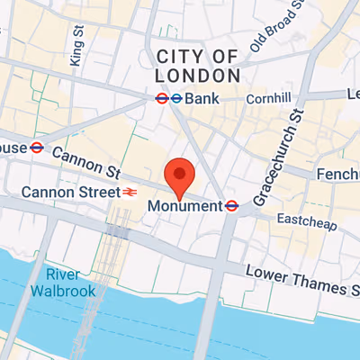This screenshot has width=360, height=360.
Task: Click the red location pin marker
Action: click(x=181, y=176)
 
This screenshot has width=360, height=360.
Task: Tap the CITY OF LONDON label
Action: click(x=198, y=67)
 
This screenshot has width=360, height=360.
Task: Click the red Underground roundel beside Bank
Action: click(x=162, y=98)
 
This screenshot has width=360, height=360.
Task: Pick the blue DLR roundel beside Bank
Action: click(x=177, y=98)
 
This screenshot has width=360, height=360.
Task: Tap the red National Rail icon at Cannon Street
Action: click(x=130, y=192)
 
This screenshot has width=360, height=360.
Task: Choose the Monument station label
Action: click(x=184, y=206)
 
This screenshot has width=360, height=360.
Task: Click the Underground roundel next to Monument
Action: click(x=231, y=206)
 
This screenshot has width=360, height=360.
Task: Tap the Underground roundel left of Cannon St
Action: click(x=37, y=148)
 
